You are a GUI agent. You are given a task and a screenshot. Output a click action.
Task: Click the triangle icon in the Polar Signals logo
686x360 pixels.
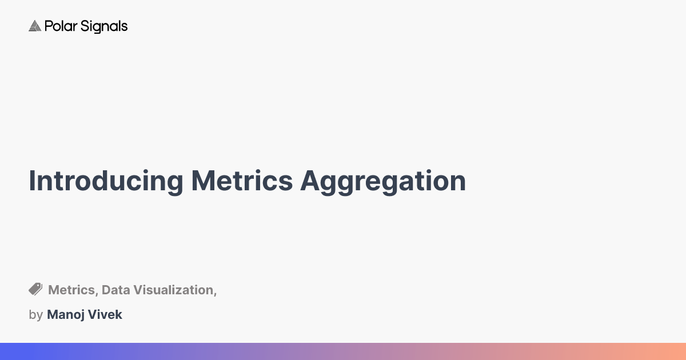pyautogui.click(x=35, y=26)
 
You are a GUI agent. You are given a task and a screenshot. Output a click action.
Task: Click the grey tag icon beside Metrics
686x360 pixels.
pyautogui.click(x=35, y=289)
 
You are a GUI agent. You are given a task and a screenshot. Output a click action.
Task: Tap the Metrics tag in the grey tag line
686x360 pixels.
pyautogui.click(x=71, y=290)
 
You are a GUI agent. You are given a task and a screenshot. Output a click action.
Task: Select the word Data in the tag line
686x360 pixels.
pyautogui.click(x=115, y=290)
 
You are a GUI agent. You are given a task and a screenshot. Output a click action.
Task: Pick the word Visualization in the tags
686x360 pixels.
pyautogui.click(x=173, y=290)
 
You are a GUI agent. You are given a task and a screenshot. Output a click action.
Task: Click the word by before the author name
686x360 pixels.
pyautogui.click(x=35, y=315)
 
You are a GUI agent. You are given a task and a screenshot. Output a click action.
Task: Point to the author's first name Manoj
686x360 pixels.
pyautogui.click(x=65, y=314)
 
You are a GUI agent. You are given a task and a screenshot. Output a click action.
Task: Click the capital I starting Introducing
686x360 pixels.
pyautogui.click(x=32, y=181)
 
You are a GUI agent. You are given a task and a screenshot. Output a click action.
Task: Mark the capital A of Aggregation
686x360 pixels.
pyautogui.click(x=310, y=181)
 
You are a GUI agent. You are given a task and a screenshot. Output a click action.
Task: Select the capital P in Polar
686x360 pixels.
pyautogui.click(x=48, y=26)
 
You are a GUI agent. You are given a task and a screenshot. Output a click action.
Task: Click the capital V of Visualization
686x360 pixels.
pyautogui.click(x=138, y=290)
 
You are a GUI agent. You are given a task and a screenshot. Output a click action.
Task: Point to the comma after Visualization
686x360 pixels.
pyautogui.click(x=215, y=293)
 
